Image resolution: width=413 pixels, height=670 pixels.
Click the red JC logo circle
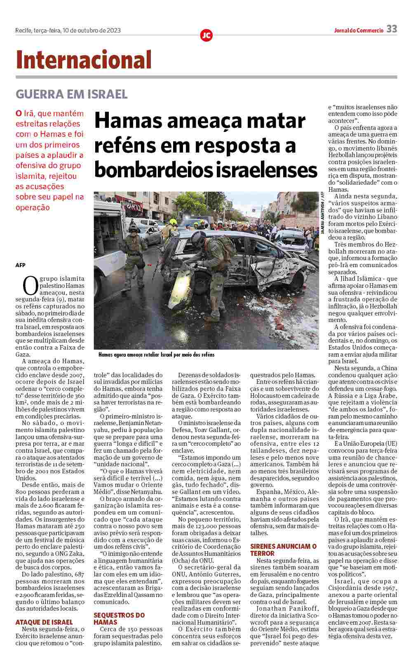[206, 35]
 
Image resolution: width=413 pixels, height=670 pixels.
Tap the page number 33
[392, 29]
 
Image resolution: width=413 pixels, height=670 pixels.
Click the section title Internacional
[84, 60]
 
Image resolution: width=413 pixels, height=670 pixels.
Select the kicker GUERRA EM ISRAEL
[71, 94]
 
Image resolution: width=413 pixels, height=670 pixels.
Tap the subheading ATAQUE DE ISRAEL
[44, 622]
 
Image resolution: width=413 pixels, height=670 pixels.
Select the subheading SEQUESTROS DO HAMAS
[119, 618]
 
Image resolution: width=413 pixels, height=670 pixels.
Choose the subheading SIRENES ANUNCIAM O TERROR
[283, 550]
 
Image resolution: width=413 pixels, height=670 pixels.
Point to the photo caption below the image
[157, 355]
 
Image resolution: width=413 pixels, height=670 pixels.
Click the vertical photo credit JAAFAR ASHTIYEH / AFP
[323, 213]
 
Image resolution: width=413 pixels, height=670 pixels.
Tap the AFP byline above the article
[20, 265]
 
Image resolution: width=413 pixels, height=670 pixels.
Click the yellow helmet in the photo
[173, 222]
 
